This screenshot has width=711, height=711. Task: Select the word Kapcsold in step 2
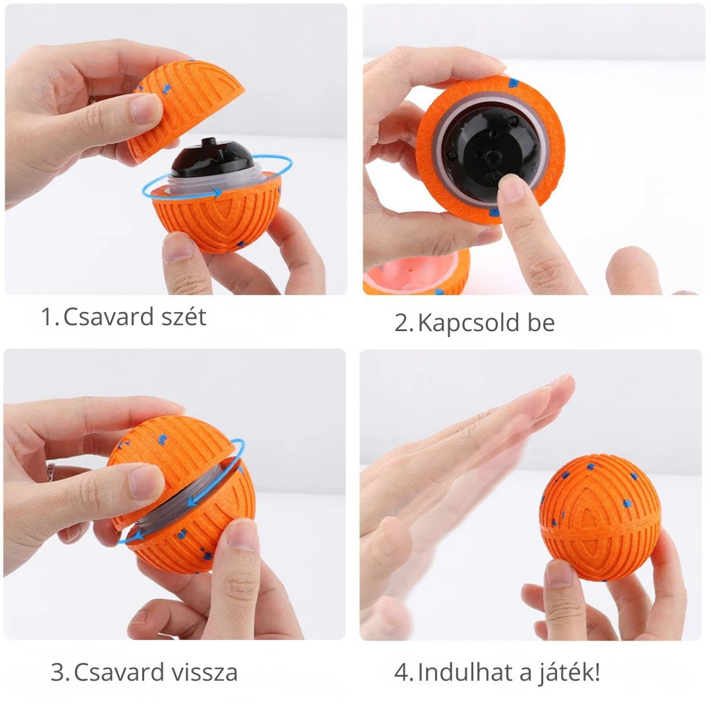(x=461, y=323)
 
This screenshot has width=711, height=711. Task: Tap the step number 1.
(x=47, y=317)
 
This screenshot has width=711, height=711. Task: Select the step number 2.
(x=402, y=323)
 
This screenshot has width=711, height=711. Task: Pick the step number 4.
(x=402, y=672)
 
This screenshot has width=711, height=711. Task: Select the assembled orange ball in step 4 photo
(x=599, y=517)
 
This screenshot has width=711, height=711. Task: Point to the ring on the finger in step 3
(x=50, y=471)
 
